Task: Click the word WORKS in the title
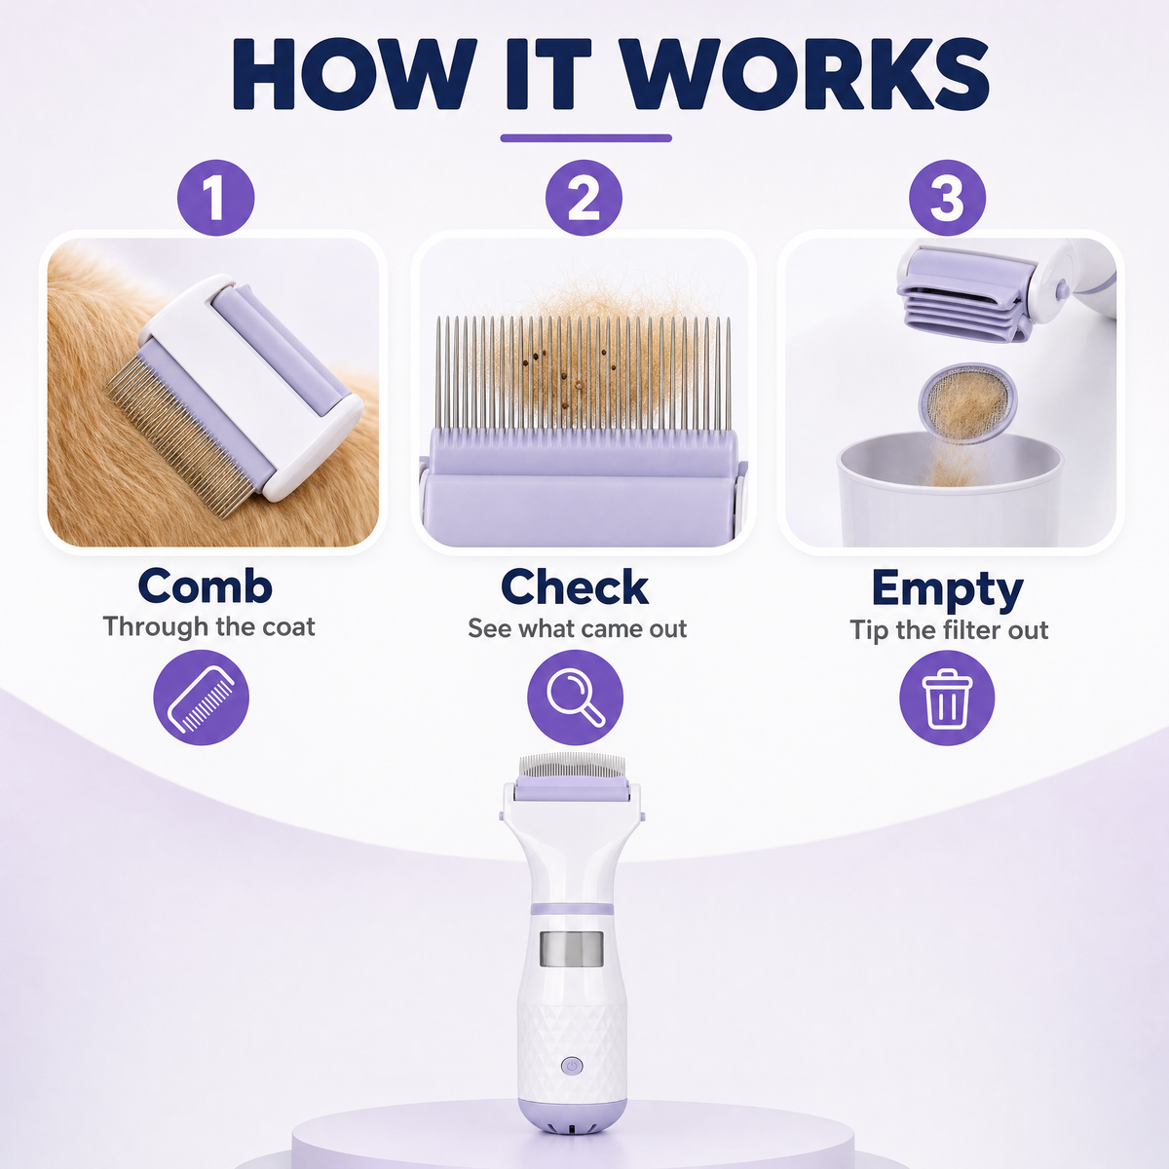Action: coord(807,74)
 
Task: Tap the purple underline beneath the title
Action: coord(585,138)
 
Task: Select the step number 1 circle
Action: coord(215,198)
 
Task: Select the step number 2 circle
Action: coord(584,198)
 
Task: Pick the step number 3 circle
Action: coord(947,198)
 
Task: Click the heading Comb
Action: coord(205,586)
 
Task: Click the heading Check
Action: coord(575,586)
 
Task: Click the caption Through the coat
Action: coord(208,626)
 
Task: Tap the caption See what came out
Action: coord(577,628)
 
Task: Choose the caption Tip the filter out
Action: coord(949,630)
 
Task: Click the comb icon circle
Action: coord(201,698)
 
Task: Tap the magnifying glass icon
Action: coord(575,698)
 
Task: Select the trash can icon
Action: coord(947,698)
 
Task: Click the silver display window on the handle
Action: coord(572,950)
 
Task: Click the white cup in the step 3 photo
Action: coord(950,488)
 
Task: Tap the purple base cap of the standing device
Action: coord(572,1116)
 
